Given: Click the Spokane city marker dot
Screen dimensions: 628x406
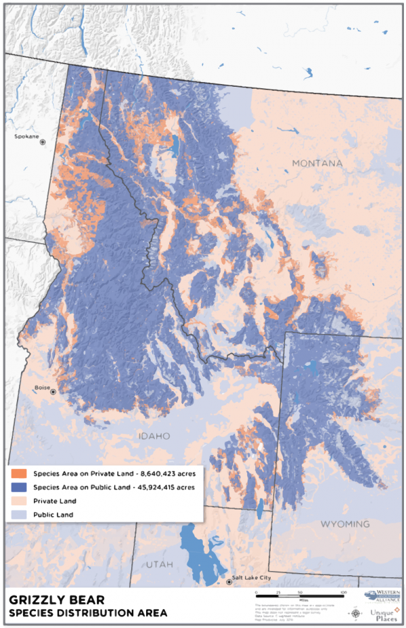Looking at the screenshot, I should [43, 142].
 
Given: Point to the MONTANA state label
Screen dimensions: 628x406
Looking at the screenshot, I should [317, 164].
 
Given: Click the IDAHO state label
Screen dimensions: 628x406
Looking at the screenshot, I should [155, 436].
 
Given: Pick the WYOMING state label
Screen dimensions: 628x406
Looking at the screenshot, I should [345, 524].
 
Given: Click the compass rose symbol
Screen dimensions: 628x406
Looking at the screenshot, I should [357, 614].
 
